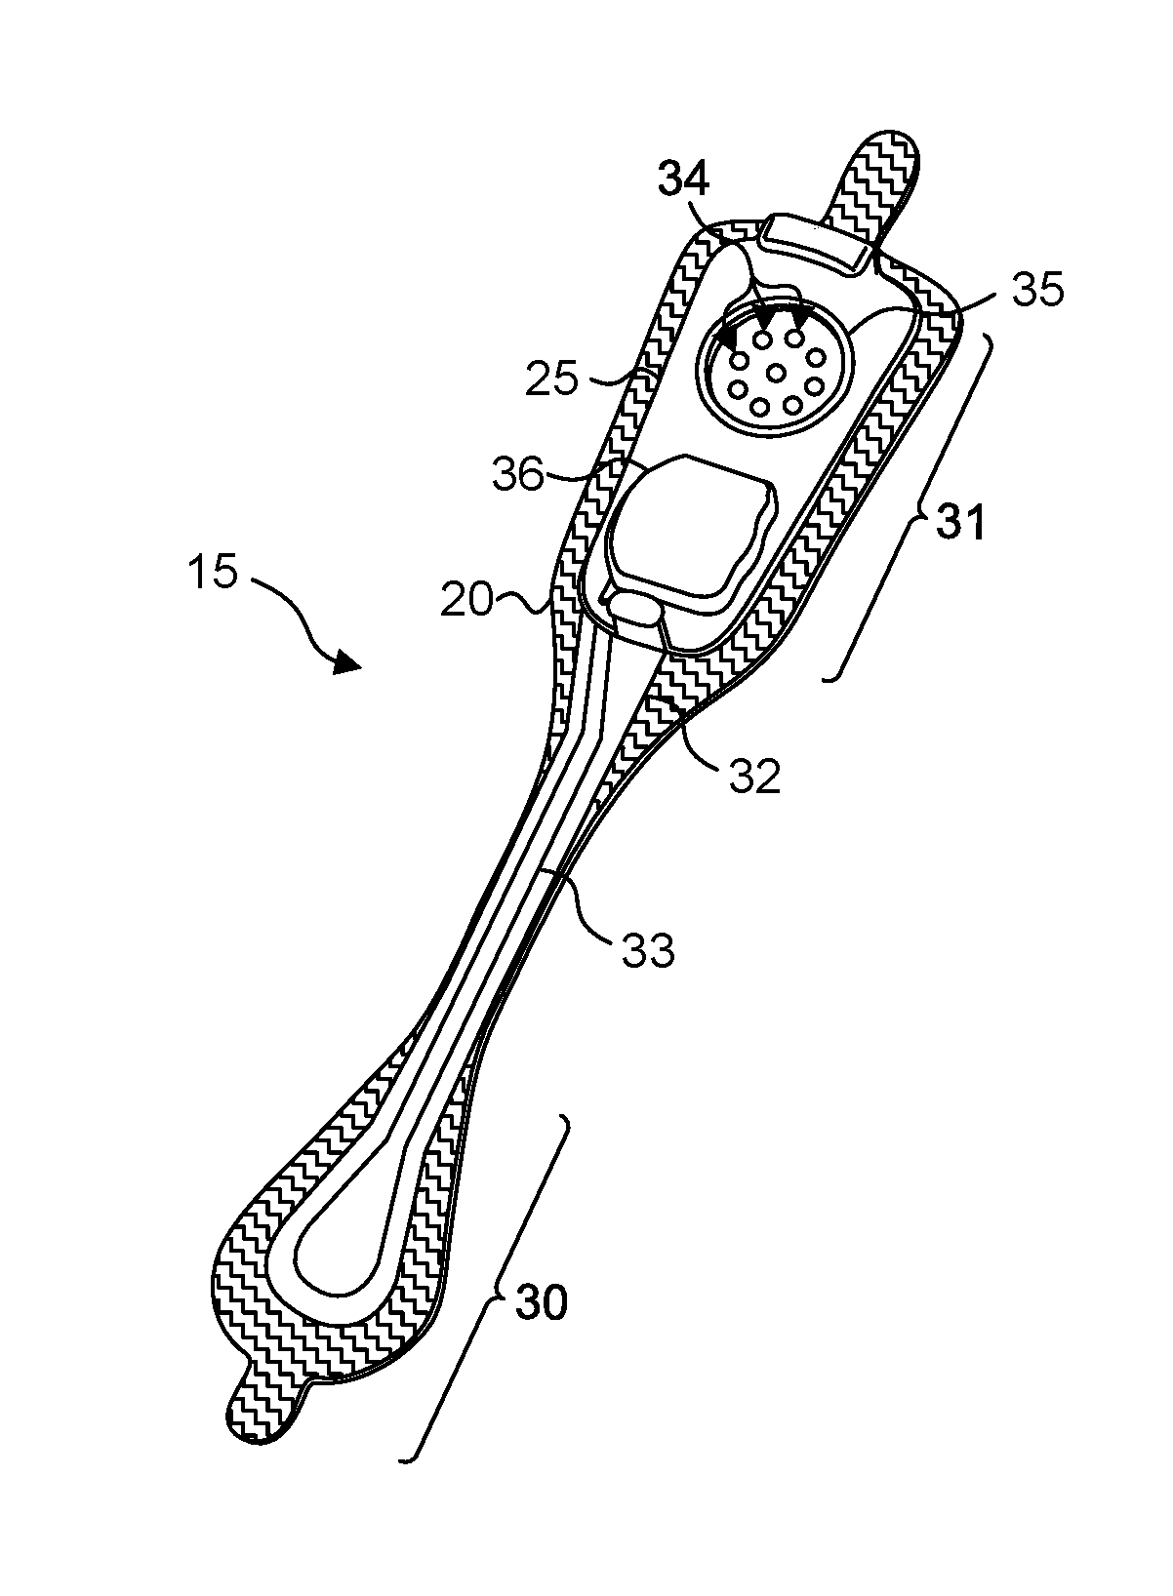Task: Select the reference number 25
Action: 551,378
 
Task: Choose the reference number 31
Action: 961,524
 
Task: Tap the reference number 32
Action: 754,776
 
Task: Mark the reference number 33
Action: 648,947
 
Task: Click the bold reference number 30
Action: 540,1302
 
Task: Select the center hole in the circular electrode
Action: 777,371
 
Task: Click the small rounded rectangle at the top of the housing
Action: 817,240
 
